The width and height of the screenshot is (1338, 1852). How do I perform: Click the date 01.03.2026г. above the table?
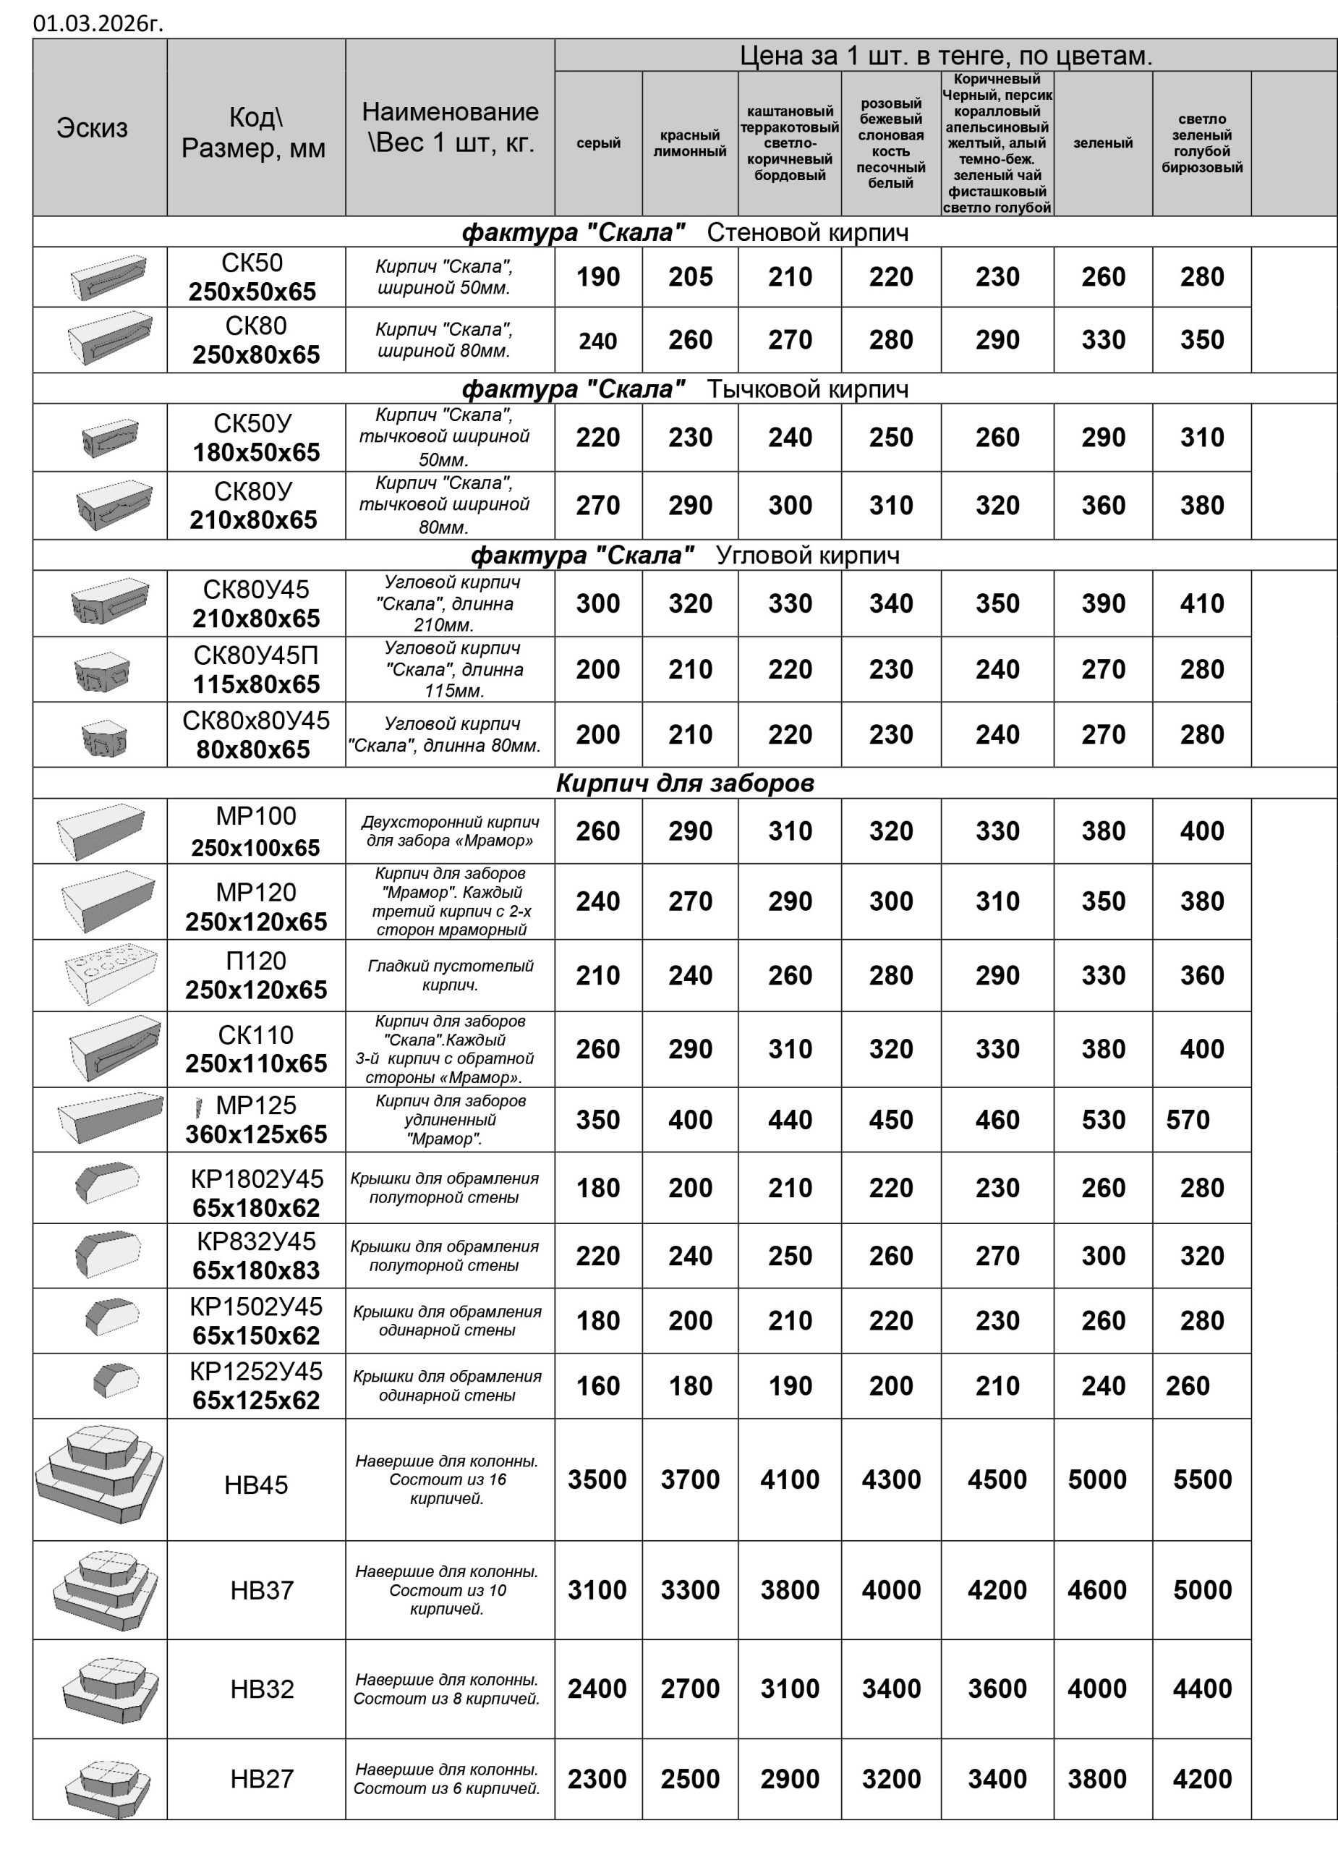pyautogui.click(x=98, y=23)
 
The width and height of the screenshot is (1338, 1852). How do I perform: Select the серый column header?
pyautogui.click(x=598, y=144)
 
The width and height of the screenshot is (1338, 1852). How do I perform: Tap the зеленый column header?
pyautogui.click(x=1103, y=144)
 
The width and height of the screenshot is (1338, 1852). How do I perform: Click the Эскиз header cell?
pyautogui.click(x=93, y=128)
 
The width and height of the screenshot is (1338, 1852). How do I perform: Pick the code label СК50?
pyautogui.click(x=252, y=263)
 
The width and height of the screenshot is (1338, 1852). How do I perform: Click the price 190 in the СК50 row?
pyautogui.click(x=598, y=278)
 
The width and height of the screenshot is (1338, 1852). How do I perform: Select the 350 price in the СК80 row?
pyautogui.click(x=1202, y=341)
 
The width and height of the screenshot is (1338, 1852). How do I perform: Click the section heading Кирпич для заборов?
pyautogui.click(x=685, y=783)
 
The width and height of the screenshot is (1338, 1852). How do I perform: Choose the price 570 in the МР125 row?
pyautogui.click(x=1188, y=1120)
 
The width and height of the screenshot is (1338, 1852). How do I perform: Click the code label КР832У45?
pyautogui.click(x=256, y=1242)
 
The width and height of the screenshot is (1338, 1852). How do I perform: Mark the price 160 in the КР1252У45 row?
pyautogui.click(x=598, y=1385)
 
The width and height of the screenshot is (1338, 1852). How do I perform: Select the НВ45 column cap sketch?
pyautogui.click(x=100, y=1479)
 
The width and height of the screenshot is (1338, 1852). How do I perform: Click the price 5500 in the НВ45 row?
pyautogui.click(x=1202, y=1479)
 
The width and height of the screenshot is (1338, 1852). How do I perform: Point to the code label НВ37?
pyautogui.click(x=261, y=1591)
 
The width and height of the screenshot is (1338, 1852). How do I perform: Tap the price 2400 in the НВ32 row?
pyautogui.click(x=597, y=1689)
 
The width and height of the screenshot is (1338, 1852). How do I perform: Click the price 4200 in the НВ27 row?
pyautogui.click(x=1202, y=1780)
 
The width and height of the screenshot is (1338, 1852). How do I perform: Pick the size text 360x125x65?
pyautogui.click(x=256, y=1134)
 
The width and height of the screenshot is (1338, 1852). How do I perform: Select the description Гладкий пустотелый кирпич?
pyautogui.click(x=450, y=975)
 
